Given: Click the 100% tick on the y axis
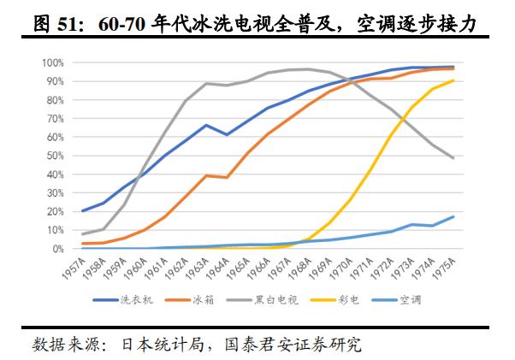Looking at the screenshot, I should (x=53, y=62).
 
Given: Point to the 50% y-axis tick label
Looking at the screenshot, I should (x=56, y=156).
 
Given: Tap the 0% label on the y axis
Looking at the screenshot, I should (x=58, y=249).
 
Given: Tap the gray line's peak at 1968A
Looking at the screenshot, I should (x=309, y=69).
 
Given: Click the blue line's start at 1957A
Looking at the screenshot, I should (x=83, y=210).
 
